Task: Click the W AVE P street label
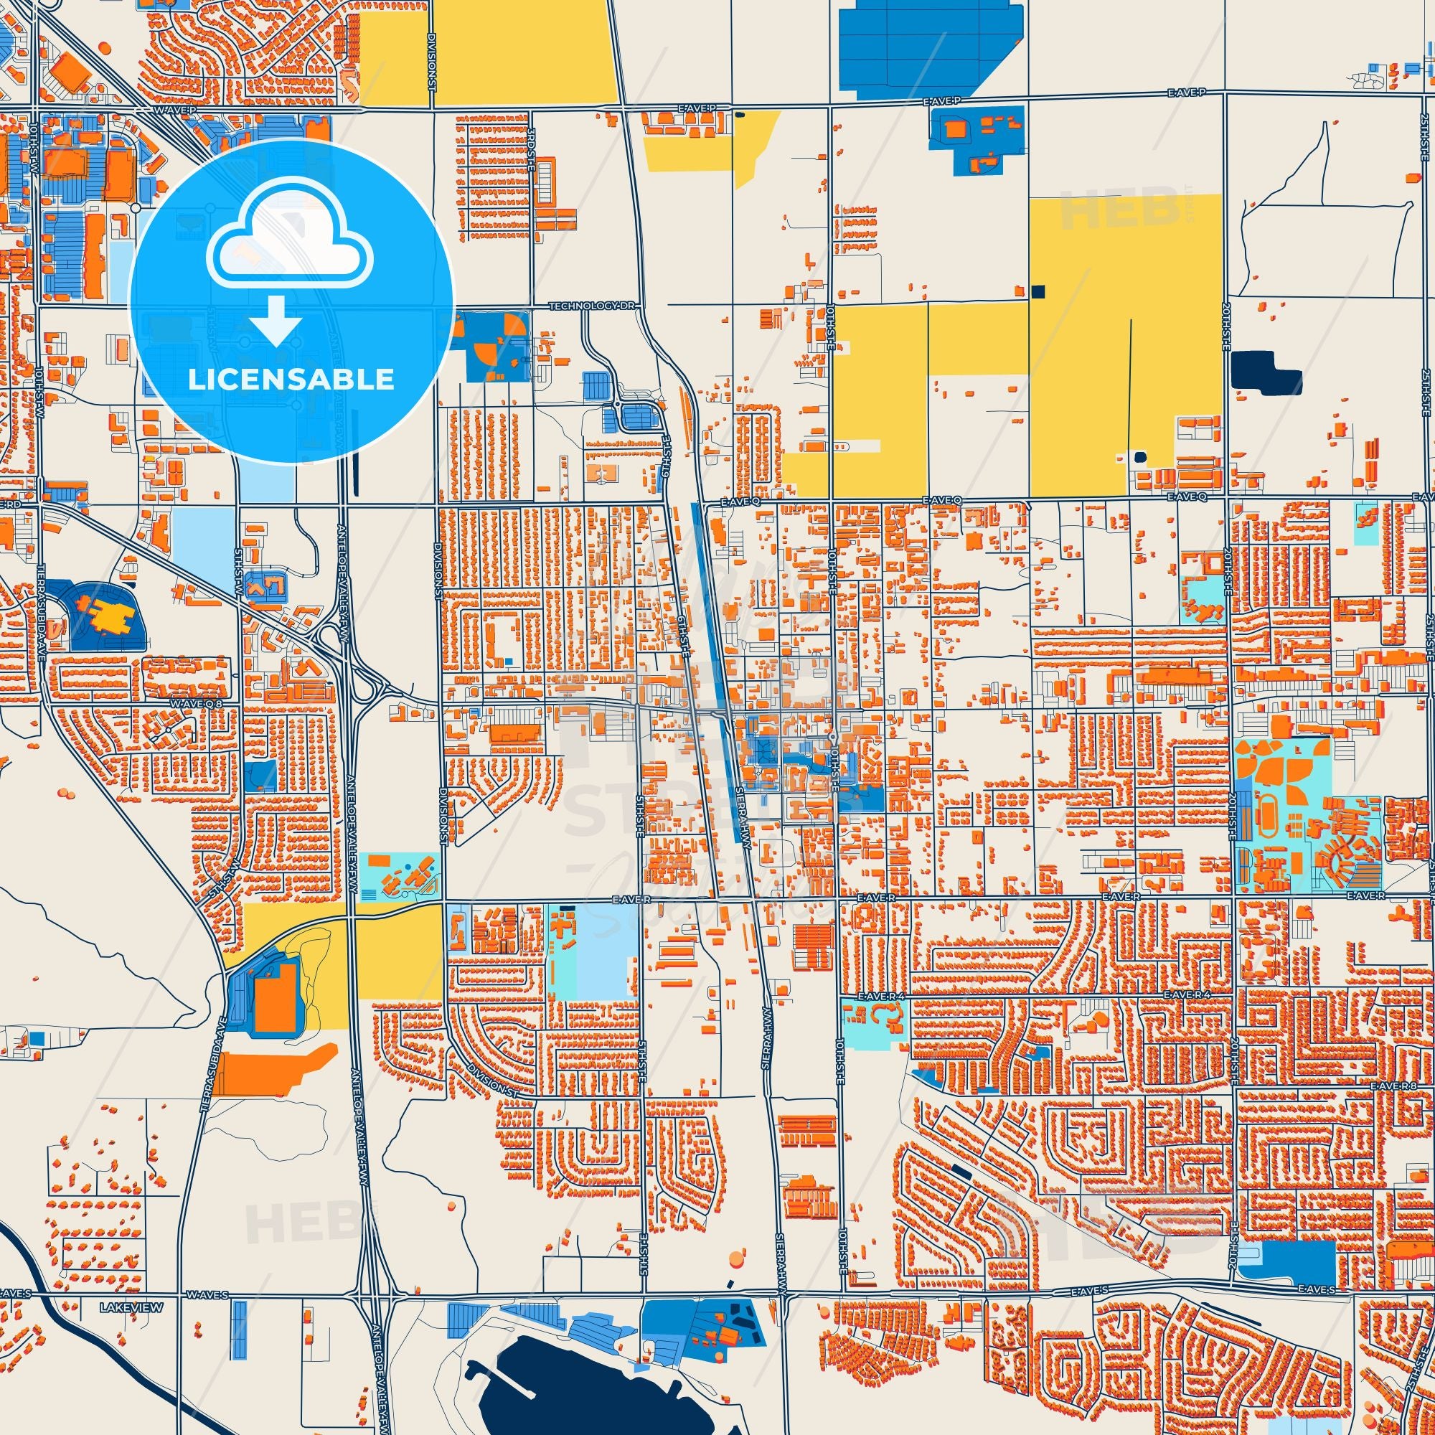pos(175,110)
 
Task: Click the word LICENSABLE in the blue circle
pos(291,380)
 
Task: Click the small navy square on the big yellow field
pos(1038,291)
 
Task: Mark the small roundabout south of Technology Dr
pos(618,405)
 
